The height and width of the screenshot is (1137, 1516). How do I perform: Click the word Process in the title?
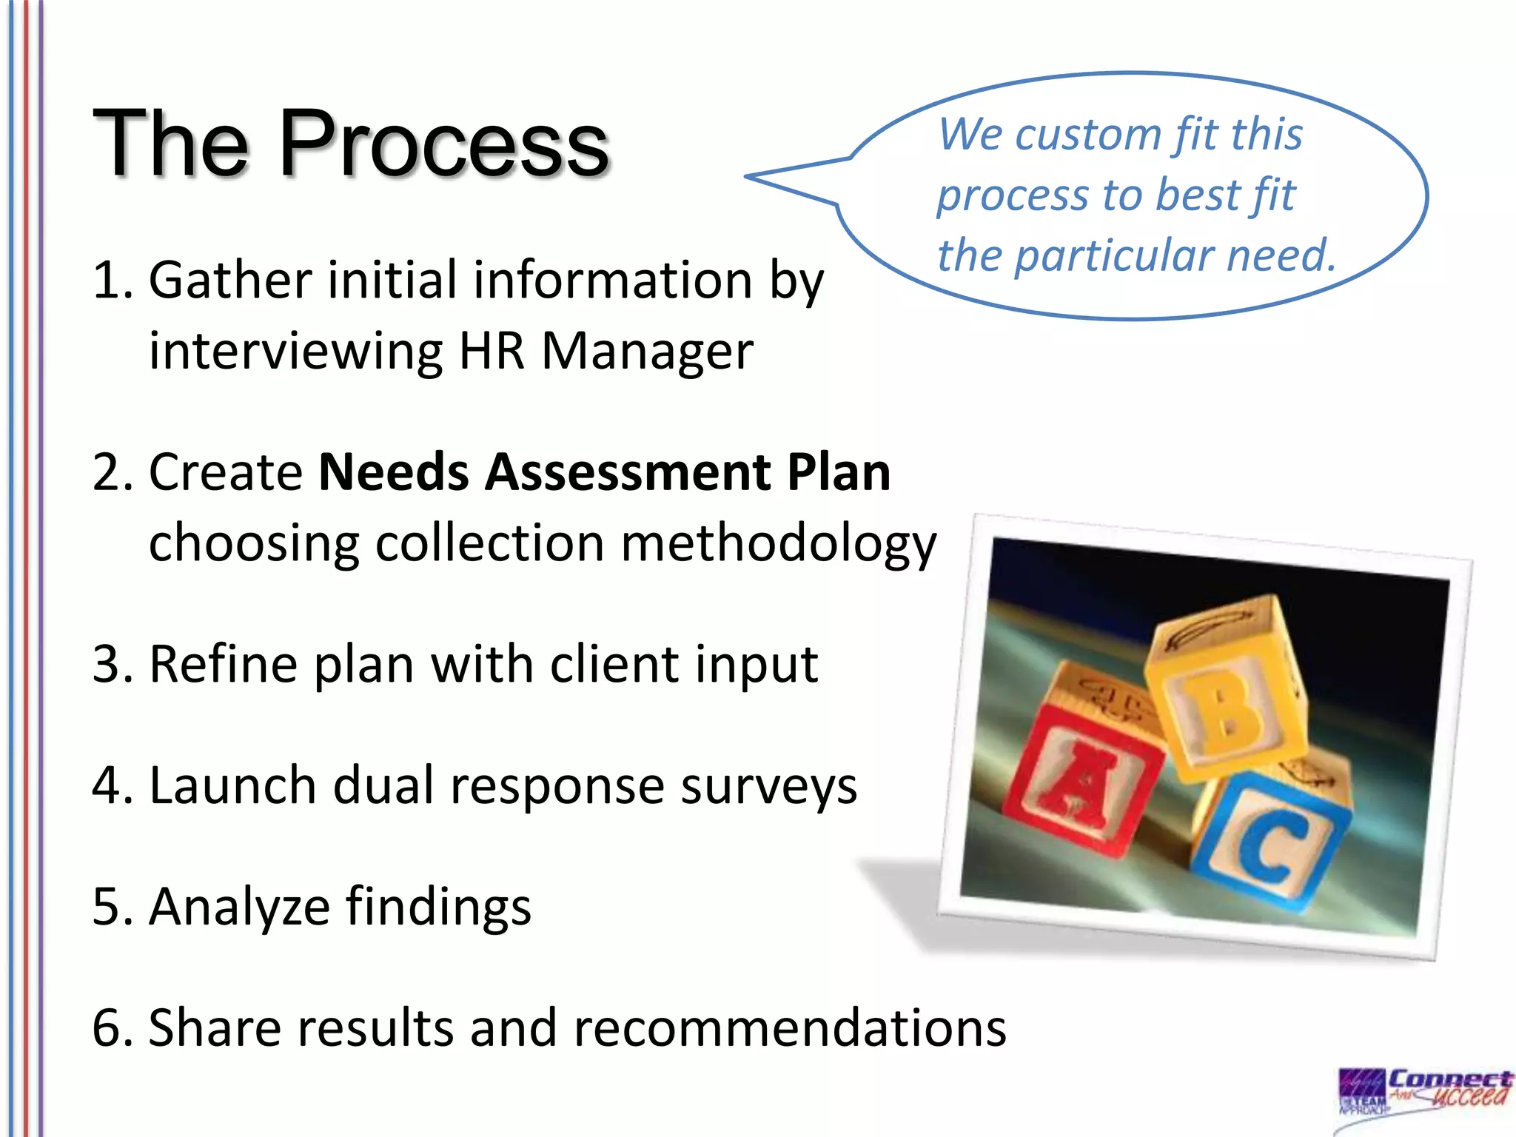click(444, 144)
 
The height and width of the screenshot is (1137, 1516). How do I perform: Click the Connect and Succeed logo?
click(1425, 1099)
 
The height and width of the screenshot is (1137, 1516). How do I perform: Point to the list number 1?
click(111, 281)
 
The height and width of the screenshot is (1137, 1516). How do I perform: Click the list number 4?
click(111, 786)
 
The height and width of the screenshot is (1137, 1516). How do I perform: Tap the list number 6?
click(111, 1029)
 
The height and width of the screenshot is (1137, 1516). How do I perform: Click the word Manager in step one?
click(647, 351)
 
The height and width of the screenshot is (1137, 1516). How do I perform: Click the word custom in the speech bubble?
click(1088, 135)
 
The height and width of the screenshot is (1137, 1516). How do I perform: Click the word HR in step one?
click(492, 351)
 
